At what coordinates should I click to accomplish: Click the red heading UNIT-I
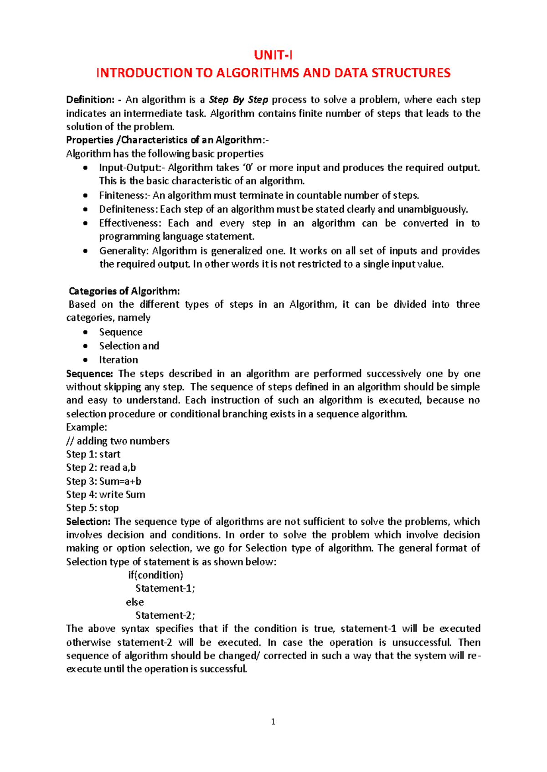[x=273, y=56]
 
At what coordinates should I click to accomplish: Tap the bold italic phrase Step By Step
[x=238, y=100]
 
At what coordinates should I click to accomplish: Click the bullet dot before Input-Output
[x=85, y=168]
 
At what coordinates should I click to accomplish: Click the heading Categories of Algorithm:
[x=124, y=291]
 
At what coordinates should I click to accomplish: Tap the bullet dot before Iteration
[x=85, y=360]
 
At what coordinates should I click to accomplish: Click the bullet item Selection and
[x=129, y=346]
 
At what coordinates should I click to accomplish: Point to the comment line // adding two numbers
[x=118, y=441]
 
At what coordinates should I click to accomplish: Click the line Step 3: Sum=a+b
[x=103, y=481]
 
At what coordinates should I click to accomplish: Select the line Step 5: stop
[x=92, y=508]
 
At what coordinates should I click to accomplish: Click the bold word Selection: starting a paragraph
[x=88, y=522]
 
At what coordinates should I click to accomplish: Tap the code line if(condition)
[x=155, y=575]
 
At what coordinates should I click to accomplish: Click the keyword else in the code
[x=135, y=602]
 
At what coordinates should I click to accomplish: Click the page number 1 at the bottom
[x=273, y=721]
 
